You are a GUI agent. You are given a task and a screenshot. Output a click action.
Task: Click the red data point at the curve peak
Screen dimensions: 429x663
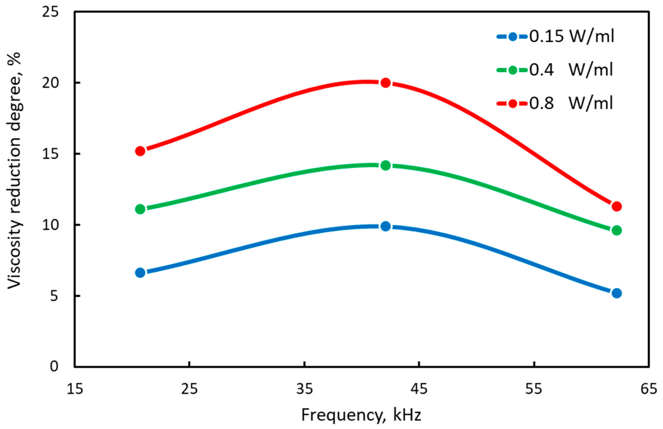[x=386, y=83]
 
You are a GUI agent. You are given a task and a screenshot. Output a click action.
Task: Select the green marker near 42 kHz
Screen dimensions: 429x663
[x=386, y=165]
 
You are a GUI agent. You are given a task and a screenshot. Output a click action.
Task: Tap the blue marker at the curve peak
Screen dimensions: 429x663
[x=386, y=226]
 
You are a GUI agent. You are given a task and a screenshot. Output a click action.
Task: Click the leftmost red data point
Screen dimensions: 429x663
[x=140, y=151]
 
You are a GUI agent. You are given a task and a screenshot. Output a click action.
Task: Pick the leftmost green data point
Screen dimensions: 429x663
[x=140, y=209]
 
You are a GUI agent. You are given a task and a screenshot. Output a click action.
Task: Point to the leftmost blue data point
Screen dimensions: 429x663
[x=140, y=273]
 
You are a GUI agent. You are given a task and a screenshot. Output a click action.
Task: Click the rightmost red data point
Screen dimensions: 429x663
[x=617, y=206]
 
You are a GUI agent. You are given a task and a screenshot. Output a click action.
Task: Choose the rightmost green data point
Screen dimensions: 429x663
[x=617, y=230]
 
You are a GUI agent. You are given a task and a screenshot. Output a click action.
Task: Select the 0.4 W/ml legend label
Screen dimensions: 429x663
[x=571, y=70]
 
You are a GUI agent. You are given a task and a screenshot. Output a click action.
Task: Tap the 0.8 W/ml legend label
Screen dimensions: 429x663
[x=571, y=103]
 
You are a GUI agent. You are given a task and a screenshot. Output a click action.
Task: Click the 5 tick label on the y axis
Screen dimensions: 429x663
[x=54, y=296]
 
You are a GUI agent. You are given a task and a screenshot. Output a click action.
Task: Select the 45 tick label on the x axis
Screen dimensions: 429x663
[x=419, y=389]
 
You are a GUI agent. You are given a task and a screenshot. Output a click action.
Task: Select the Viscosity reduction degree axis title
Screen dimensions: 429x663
[x=14, y=171]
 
